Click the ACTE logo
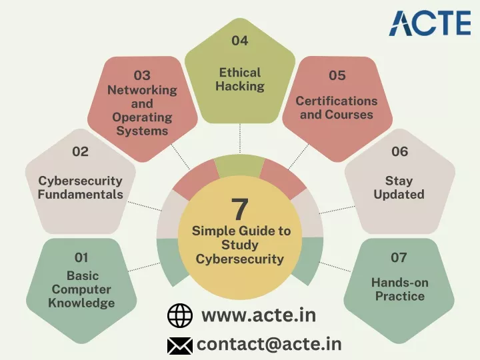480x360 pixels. click(430, 23)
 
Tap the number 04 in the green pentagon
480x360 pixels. click(240, 41)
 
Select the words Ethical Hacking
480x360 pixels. click(240, 79)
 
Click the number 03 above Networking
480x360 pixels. click(142, 75)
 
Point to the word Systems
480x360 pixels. click(143, 131)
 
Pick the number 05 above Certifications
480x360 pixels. click(337, 75)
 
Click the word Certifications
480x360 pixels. click(337, 101)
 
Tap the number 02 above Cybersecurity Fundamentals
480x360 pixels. click(80, 151)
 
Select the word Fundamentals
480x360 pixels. click(81, 195)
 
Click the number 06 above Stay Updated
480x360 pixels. click(399, 151)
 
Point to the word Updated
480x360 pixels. click(399, 195)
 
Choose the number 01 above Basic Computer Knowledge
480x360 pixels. click(81, 258)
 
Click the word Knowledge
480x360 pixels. click(81, 303)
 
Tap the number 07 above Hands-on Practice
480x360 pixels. click(399, 258)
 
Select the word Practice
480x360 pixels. click(400, 296)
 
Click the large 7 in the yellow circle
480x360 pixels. click(239, 209)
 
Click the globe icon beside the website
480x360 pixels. click(180, 315)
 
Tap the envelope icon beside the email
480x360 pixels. click(180, 346)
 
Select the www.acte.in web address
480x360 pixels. click(259, 315)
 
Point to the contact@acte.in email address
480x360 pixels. click(269, 344)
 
